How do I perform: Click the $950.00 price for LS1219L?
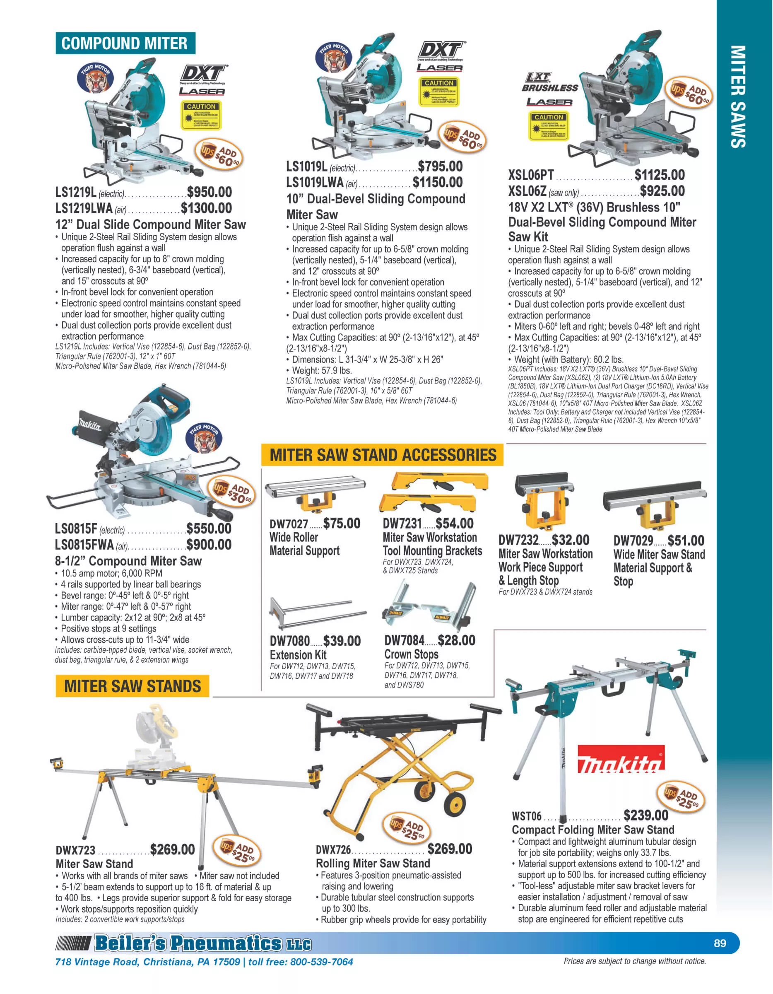pyautogui.click(x=209, y=192)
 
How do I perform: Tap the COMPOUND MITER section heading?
pyautogui.click(x=125, y=43)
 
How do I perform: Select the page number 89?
pyautogui.click(x=720, y=943)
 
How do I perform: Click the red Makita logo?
pyautogui.click(x=620, y=759)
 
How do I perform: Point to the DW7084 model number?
pyautogui.click(x=404, y=640)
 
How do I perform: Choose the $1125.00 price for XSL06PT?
pyautogui.click(x=659, y=175)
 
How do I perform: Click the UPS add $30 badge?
pyautogui.click(x=232, y=492)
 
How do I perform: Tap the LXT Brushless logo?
pyautogui.click(x=549, y=83)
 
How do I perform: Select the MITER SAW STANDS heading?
pyautogui.click(x=132, y=686)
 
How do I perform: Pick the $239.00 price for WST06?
pyautogui.click(x=645, y=815)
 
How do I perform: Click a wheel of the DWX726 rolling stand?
pyautogui.click(x=455, y=807)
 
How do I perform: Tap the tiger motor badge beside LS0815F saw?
pyautogui.click(x=205, y=437)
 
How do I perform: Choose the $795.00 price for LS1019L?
pyautogui.click(x=440, y=166)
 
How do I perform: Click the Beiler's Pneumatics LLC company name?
pyautogui.click(x=202, y=943)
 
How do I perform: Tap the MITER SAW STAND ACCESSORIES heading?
pyautogui.click(x=383, y=455)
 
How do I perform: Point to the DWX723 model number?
pyautogui.click(x=75, y=851)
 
